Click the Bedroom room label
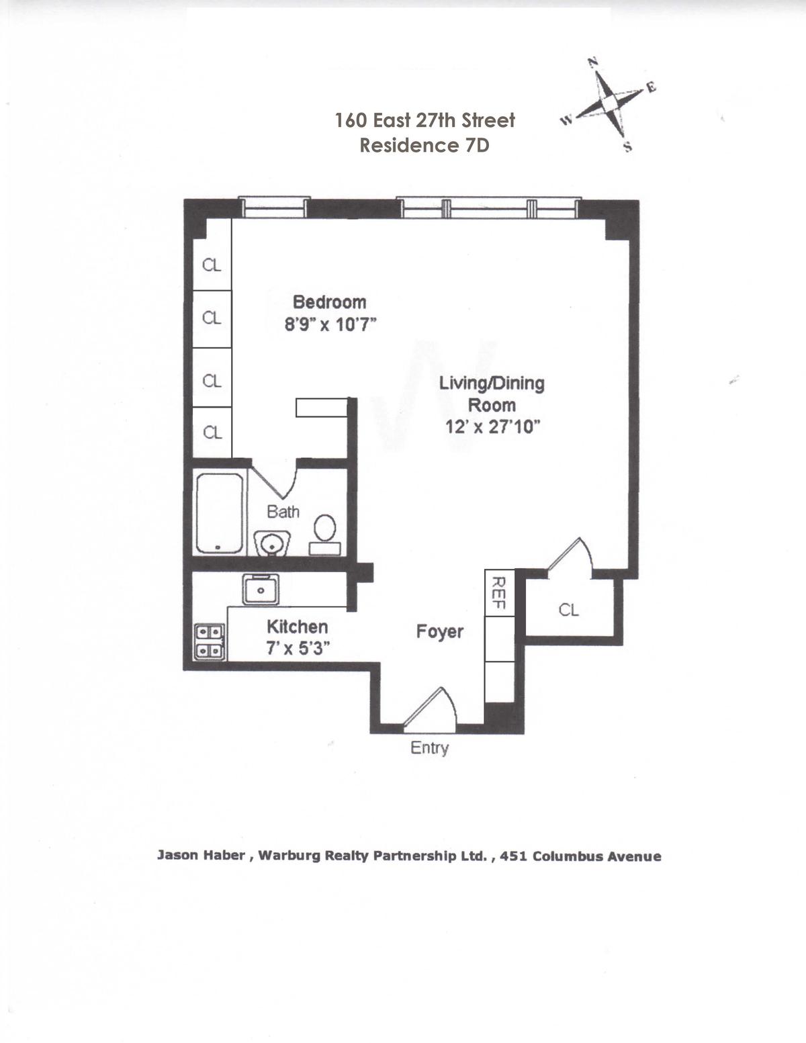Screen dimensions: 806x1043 click(329, 302)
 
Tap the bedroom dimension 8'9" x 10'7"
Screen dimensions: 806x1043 click(330, 325)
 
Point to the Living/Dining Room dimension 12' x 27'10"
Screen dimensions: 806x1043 click(493, 426)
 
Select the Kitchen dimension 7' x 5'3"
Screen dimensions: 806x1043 click(298, 649)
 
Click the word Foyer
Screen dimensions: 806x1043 click(440, 632)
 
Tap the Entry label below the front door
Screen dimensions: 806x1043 click(430, 747)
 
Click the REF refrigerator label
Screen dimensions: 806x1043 click(499, 592)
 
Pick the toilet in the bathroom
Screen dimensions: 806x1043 click(324, 535)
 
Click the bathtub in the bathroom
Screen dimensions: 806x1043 click(220, 513)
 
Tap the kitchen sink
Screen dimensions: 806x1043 click(261, 590)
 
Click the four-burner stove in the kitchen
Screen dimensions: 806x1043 click(210, 641)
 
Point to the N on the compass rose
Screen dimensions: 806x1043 click(593, 61)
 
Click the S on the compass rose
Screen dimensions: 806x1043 click(628, 147)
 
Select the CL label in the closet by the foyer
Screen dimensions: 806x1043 click(569, 610)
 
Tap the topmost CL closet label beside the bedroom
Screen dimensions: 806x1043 click(212, 265)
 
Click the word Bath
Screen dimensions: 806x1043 click(283, 512)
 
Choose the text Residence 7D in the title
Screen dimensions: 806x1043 click(424, 145)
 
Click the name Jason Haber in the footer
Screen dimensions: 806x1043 click(201, 856)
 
